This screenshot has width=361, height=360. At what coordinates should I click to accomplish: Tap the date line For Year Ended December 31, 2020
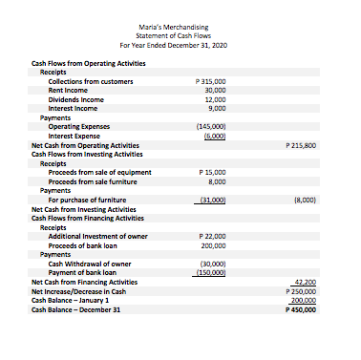coord(180,46)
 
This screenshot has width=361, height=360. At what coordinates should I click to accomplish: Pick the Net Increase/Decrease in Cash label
coord(78,291)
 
